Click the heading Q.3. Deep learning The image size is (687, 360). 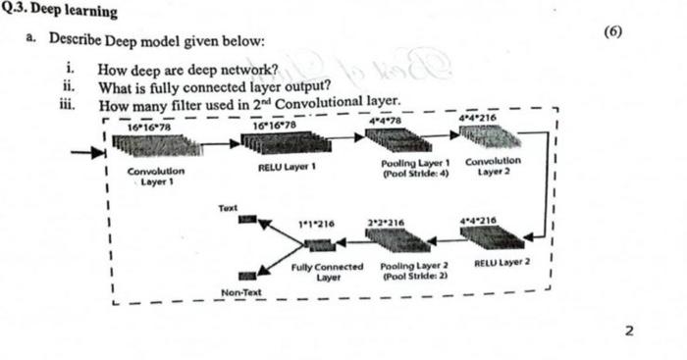[61, 11]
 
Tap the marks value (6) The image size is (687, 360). [613, 30]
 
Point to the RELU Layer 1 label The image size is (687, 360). [286, 168]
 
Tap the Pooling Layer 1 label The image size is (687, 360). [415, 166]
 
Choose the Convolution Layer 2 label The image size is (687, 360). [493, 166]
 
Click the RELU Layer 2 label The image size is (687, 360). [502, 262]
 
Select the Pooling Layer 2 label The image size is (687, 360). [414, 271]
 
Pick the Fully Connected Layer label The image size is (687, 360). [328, 272]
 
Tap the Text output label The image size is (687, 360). [229, 209]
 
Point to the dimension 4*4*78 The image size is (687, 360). [383, 121]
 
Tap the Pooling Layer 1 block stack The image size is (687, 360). [394, 139]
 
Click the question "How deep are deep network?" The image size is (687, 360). [186, 70]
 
